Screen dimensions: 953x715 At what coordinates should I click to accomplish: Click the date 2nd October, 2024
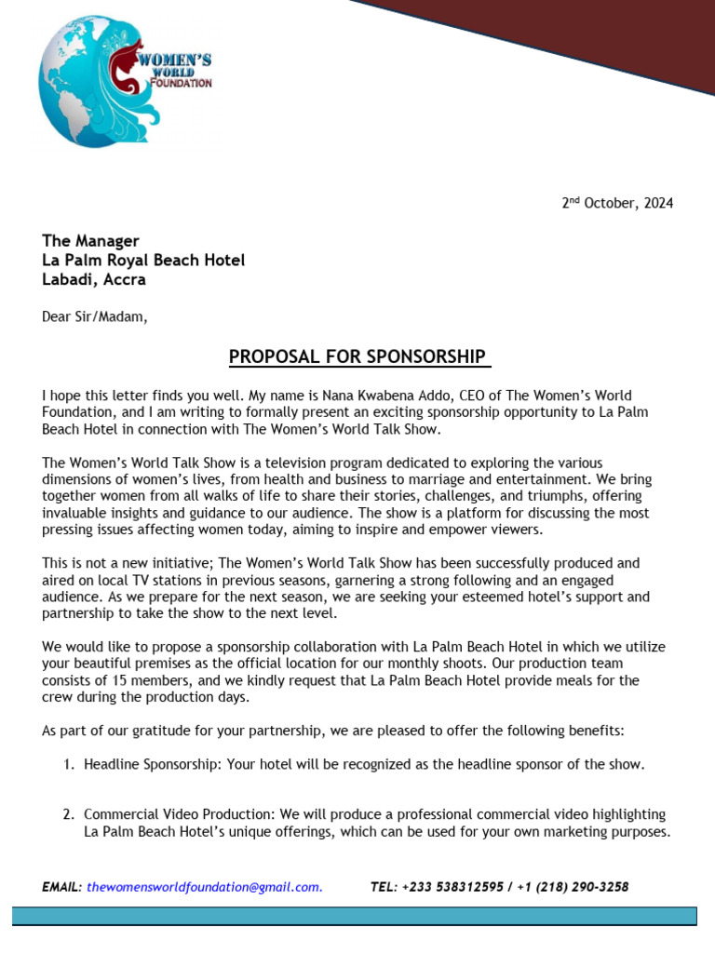coord(616,203)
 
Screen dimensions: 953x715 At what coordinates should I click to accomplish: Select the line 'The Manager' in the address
coord(90,241)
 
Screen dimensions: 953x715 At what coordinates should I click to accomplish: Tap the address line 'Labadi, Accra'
coord(93,278)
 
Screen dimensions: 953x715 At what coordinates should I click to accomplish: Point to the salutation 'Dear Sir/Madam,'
coord(94,316)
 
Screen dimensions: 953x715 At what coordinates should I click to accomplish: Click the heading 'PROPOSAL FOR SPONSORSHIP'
coord(359,356)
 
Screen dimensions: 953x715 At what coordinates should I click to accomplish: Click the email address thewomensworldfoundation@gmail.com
coord(205,887)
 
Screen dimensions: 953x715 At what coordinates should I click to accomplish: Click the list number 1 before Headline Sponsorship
coord(68,765)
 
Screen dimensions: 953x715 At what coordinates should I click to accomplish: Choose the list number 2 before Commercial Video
coord(68,814)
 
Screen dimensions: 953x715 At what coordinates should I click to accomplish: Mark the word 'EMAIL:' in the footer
coord(61,887)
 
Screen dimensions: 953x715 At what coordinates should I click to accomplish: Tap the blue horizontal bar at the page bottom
coord(354,917)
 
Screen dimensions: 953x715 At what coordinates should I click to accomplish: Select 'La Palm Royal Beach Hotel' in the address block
coord(143,260)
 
